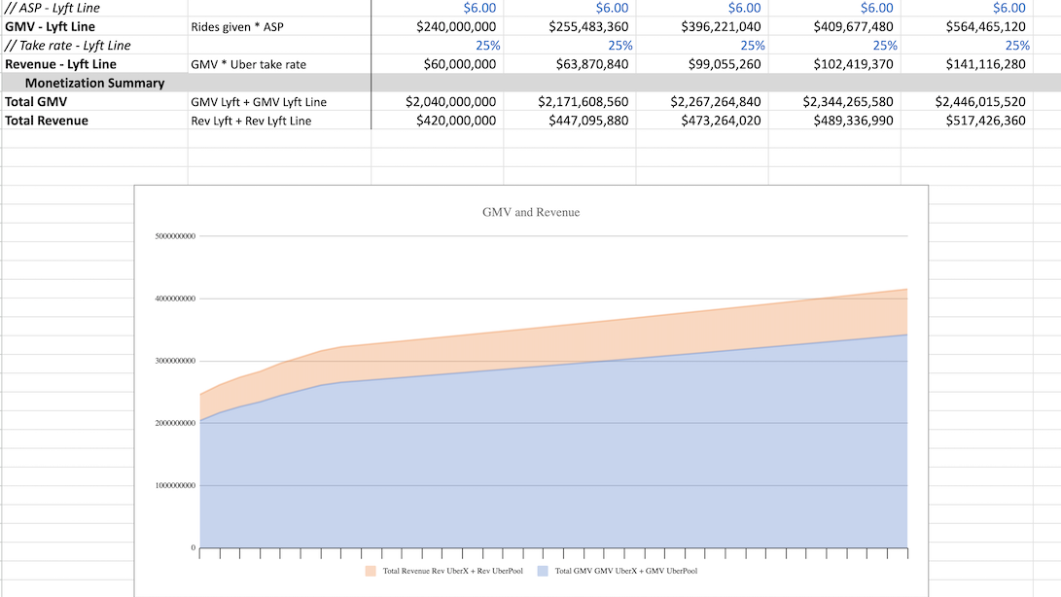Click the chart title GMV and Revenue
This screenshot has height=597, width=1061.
point(530,212)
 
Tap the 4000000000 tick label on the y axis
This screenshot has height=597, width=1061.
point(176,298)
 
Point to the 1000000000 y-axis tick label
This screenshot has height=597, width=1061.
point(176,485)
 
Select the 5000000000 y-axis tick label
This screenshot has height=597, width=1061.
point(176,236)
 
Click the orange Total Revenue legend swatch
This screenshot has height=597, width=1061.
point(371,571)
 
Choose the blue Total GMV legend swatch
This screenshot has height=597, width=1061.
point(543,571)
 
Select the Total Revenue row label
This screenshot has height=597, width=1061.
point(47,121)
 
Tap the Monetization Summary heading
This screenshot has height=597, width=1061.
point(94,83)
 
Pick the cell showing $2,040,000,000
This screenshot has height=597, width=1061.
point(450,102)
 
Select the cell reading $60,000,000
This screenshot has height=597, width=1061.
point(460,64)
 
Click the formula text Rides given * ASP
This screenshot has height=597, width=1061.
point(237,27)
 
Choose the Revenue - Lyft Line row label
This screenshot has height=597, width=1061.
point(60,64)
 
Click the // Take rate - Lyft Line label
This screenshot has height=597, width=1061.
point(67,46)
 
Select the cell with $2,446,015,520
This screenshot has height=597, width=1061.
point(980,102)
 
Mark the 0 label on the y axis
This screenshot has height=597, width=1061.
point(193,548)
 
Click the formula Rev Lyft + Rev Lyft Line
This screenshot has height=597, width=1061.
point(251,121)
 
